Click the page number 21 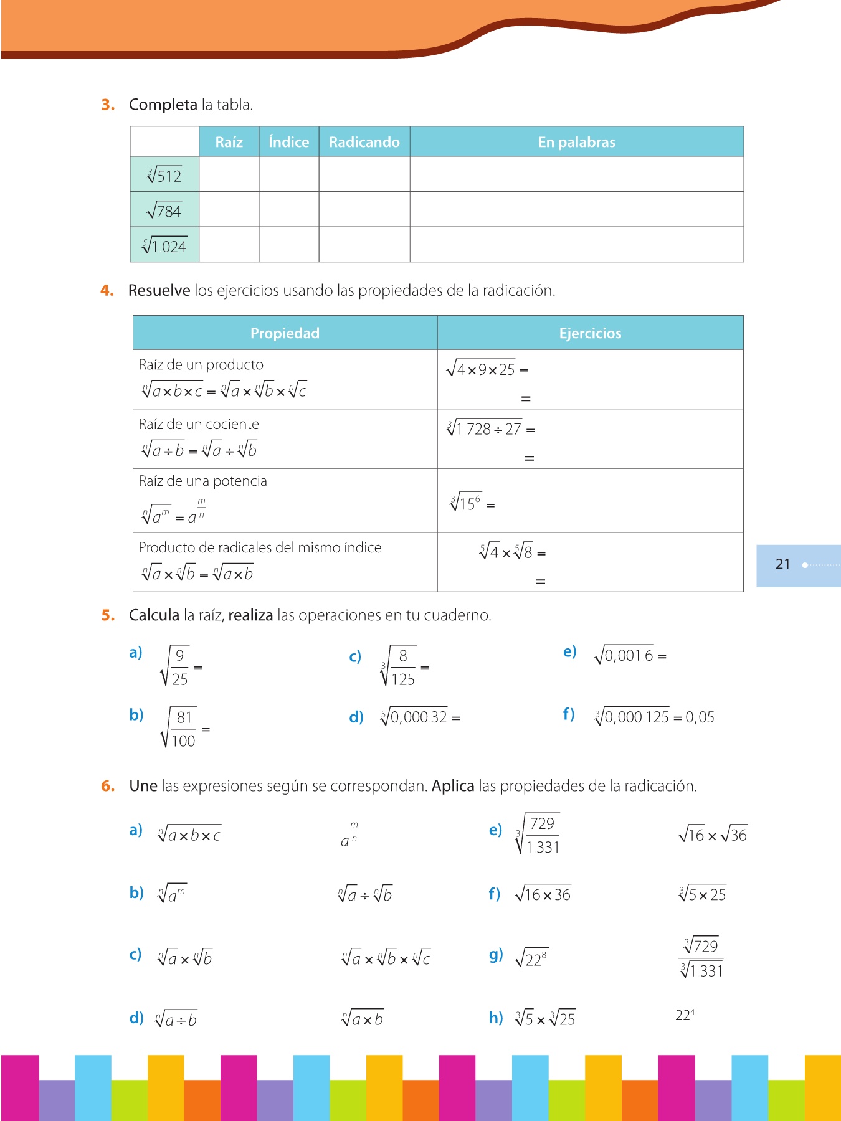click(x=782, y=564)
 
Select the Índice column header click(x=288, y=142)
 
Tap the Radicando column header click(x=364, y=142)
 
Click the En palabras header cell click(x=576, y=142)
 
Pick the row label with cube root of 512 click(x=164, y=175)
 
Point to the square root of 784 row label click(x=164, y=210)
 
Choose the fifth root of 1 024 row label click(x=164, y=246)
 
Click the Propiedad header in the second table click(x=285, y=333)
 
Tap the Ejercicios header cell click(x=590, y=333)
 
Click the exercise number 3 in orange click(x=108, y=105)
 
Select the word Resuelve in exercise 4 click(x=159, y=290)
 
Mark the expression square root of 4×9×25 click(x=481, y=369)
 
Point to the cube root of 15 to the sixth click(x=465, y=502)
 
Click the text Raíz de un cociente click(x=199, y=424)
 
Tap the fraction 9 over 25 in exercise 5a click(x=179, y=667)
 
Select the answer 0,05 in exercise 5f click(x=700, y=717)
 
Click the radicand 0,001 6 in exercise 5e click(x=629, y=655)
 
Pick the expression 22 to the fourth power click(x=685, y=1015)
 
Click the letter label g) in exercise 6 click(x=496, y=955)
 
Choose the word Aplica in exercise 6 click(x=453, y=786)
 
